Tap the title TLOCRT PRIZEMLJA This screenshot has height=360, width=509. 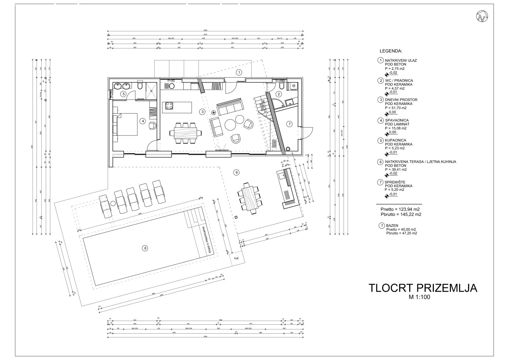[x=423, y=288]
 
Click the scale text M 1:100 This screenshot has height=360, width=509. [x=423, y=298]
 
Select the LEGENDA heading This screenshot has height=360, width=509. [x=391, y=51]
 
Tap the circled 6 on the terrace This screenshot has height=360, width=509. [x=236, y=172]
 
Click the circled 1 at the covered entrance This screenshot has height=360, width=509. [x=239, y=72]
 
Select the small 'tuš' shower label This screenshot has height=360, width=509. [x=236, y=259]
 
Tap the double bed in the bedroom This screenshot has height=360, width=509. [x=126, y=125]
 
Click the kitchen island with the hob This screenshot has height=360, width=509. [x=178, y=107]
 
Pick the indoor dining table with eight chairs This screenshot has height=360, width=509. [x=185, y=132]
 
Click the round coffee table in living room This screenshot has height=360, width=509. [x=230, y=124]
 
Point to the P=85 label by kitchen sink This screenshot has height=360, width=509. [x=171, y=81]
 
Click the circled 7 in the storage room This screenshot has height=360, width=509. [x=289, y=124]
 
